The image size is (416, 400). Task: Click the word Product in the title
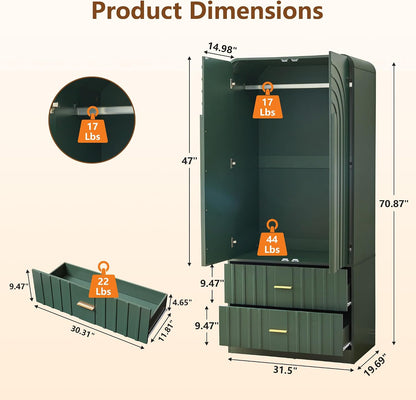click(x=139, y=11)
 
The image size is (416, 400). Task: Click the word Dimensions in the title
click(x=258, y=10)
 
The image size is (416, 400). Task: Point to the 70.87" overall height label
click(x=394, y=203)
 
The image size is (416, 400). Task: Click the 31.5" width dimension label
click(x=285, y=370)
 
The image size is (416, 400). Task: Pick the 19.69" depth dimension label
click(x=375, y=365)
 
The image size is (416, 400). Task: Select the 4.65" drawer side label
click(x=181, y=302)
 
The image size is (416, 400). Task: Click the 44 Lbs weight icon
click(x=272, y=238)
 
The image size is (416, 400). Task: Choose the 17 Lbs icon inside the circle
click(x=92, y=125)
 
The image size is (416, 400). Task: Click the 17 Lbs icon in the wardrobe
click(x=267, y=100)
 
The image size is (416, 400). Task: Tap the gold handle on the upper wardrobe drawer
click(x=283, y=287)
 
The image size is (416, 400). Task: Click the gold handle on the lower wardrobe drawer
click(x=278, y=331)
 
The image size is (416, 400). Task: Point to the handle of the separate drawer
click(x=85, y=306)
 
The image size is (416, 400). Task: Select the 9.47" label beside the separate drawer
click(x=19, y=286)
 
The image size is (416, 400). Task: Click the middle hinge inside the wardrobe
click(x=233, y=163)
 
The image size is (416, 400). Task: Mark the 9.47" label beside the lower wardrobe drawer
click(x=207, y=325)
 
